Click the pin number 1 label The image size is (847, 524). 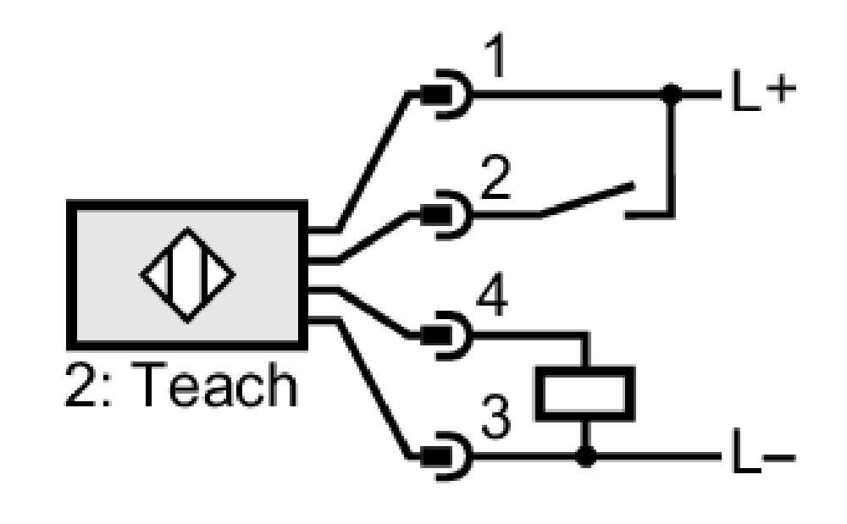[495, 56]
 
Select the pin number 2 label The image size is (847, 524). [495, 178]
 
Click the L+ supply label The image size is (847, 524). [763, 90]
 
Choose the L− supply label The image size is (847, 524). [763, 452]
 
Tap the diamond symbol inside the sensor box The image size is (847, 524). [187, 275]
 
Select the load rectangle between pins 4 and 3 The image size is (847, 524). [585, 394]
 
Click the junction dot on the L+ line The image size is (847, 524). [671, 95]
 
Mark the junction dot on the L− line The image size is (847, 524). [585, 457]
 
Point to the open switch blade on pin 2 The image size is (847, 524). [587, 200]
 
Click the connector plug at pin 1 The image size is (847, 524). [446, 95]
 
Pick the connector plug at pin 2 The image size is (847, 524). [446, 215]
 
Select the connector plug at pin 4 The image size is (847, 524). [446, 336]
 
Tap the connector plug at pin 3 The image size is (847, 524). [446, 457]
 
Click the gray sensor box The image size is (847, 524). [187, 275]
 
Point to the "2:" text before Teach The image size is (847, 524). [89, 384]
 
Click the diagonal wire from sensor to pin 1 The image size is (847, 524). [373, 162]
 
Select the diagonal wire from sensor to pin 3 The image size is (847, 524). [373, 389]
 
